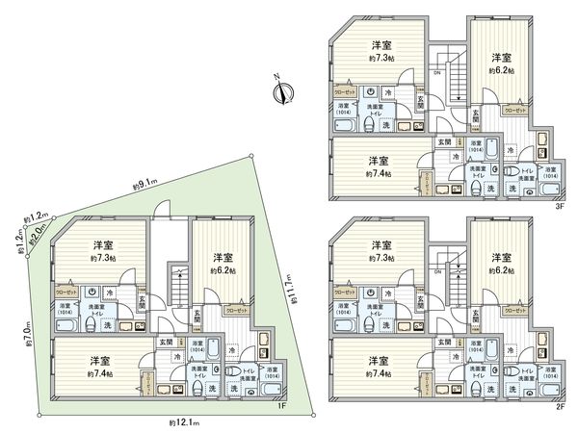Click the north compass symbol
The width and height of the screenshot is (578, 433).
click(281, 92)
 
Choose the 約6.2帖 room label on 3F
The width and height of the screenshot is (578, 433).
click(501, 70)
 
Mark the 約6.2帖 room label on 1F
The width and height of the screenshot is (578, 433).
click(223, 270)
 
